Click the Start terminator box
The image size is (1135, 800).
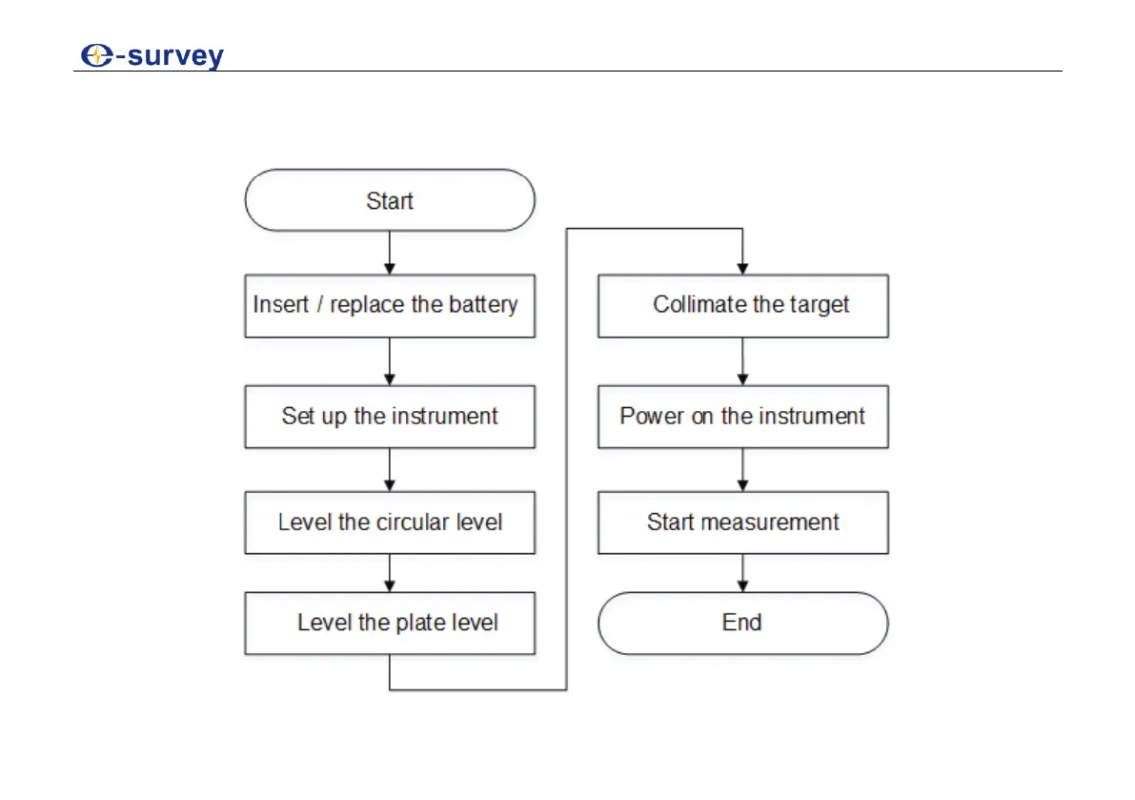[x=390, y=200]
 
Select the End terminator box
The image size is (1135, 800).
[x=742, y=623]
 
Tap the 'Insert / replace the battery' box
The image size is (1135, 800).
[x=390, y=305]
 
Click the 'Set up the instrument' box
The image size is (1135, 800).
[x=390, y=417]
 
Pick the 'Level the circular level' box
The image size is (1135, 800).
[x=390, y=523]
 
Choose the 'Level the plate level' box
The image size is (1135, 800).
[x=390, y=623]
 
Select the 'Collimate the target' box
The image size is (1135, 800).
[x=742, y=305]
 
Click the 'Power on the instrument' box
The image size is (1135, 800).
[x=742, y=417]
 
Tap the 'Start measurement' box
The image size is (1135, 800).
[x=742, y=523]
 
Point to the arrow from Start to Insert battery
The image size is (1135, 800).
[x=390, y=253]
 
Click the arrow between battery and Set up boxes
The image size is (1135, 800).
[x=390, y=361]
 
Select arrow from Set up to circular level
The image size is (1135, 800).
[x=390, y=470]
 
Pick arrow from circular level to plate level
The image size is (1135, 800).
[x=390, y=573]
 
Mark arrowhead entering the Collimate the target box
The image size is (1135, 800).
[x=742, y=268]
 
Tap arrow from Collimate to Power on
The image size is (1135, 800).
[x=742, y=361]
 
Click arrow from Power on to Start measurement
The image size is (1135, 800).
[x=742, y=470]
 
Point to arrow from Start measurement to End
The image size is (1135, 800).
[x=742, y=573]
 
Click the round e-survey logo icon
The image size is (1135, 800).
[x=95, y=56]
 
